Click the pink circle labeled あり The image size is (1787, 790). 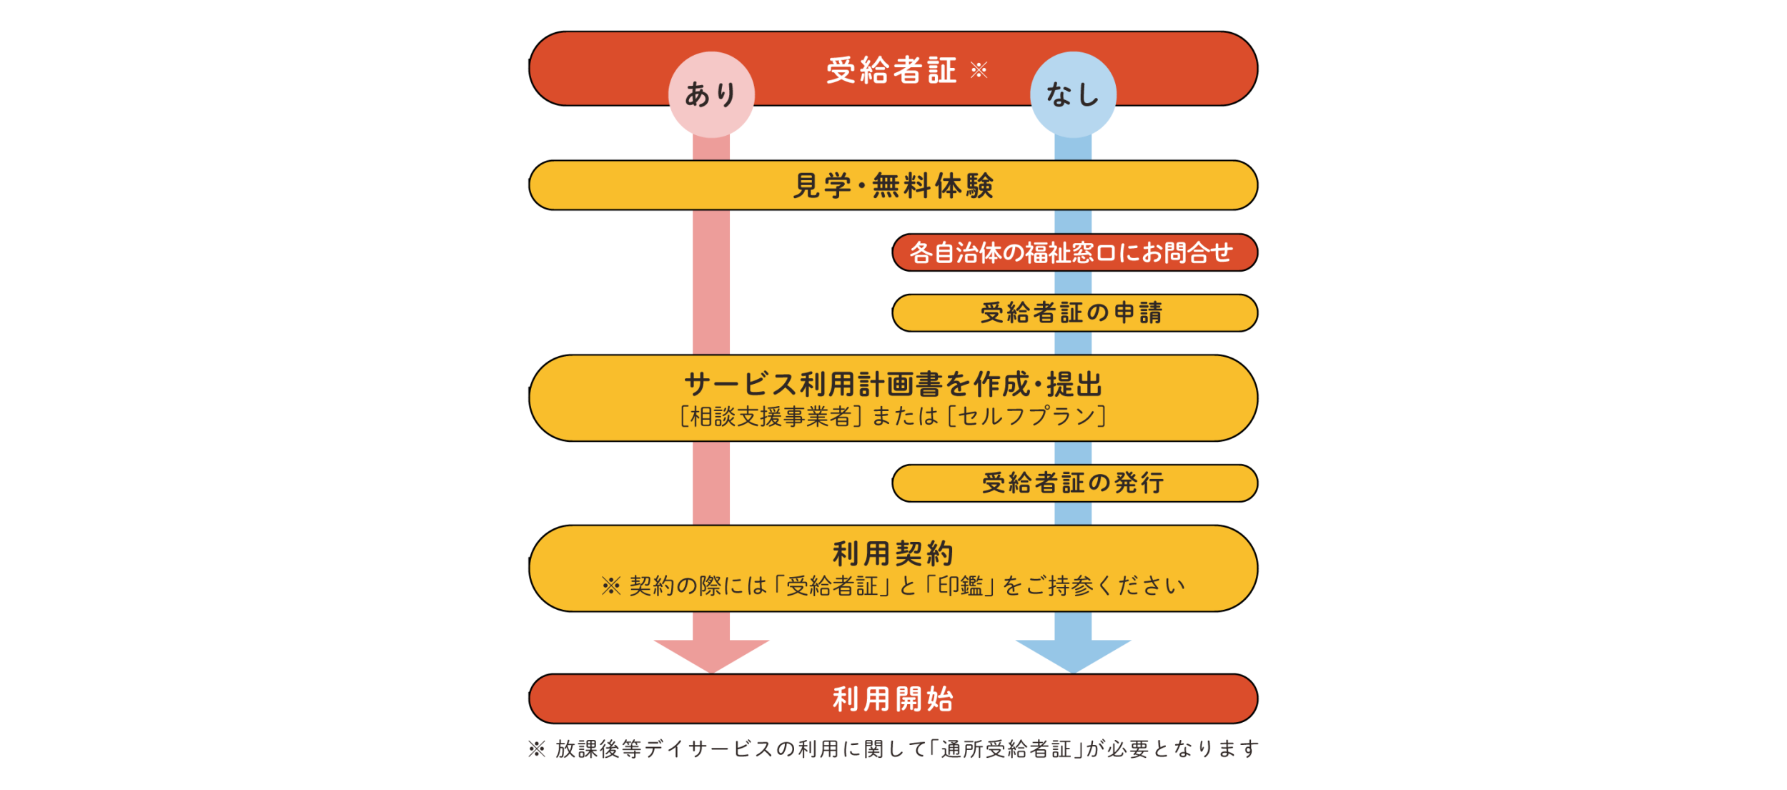coord(711,94)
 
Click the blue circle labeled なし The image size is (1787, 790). coord(1073,94)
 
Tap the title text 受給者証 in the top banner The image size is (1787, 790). coord(891,70)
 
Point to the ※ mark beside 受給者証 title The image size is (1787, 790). coord(979,69)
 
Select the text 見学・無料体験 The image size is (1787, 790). coord(893,186)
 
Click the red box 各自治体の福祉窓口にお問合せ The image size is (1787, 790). coord(1075,252)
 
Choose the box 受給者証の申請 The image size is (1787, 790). coord(1075,313)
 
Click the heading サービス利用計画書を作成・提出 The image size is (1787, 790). coord(893,385)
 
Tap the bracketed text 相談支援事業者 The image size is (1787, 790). coord(771,416)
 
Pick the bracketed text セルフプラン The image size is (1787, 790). coord(1027,416)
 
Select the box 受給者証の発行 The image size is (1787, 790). coord(1075,483)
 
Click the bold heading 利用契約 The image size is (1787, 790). coord(893,553)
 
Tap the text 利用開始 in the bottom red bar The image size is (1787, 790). coord(893,699)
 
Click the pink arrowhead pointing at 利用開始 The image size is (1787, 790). coord(711,656)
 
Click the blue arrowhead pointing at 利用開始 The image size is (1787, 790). coord(1073,656)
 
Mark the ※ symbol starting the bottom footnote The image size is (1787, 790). coord(537,749)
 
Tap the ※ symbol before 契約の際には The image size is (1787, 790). coord(611,586)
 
